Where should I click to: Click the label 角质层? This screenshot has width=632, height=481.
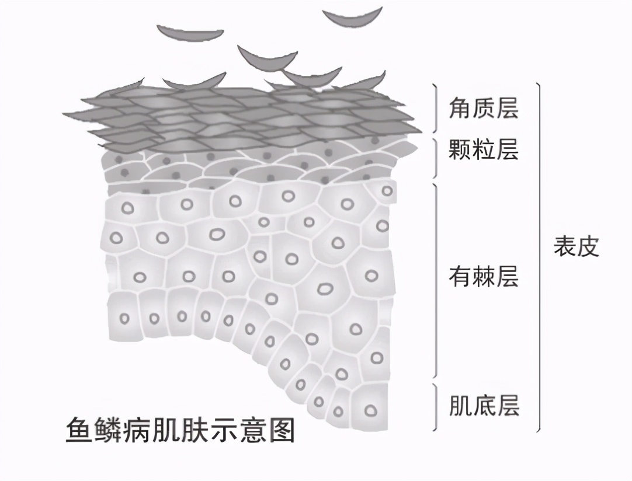[483, 109]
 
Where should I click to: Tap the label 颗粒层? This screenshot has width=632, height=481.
[483, 149]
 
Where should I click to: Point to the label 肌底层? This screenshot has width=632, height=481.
[484, 405]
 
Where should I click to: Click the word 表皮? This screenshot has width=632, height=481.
[577, 246]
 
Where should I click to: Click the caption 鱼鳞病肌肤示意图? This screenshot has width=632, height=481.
[180, 430]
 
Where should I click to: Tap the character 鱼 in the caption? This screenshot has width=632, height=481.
[79, 430]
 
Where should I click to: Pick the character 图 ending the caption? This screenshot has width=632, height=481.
[282, 430]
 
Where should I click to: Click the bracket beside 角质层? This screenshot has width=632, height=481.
[435, 108]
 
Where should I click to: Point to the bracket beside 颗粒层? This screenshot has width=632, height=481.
[435, 158]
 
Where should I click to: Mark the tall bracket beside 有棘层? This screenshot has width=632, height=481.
[435, 281]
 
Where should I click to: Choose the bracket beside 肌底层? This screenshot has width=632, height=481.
[435, 407]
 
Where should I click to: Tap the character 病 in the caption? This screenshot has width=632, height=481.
[137, 430]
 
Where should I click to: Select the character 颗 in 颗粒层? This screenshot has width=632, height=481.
[460, 149]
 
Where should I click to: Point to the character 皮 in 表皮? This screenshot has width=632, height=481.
[588, 246]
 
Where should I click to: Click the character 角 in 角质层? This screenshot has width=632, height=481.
[460, 109]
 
